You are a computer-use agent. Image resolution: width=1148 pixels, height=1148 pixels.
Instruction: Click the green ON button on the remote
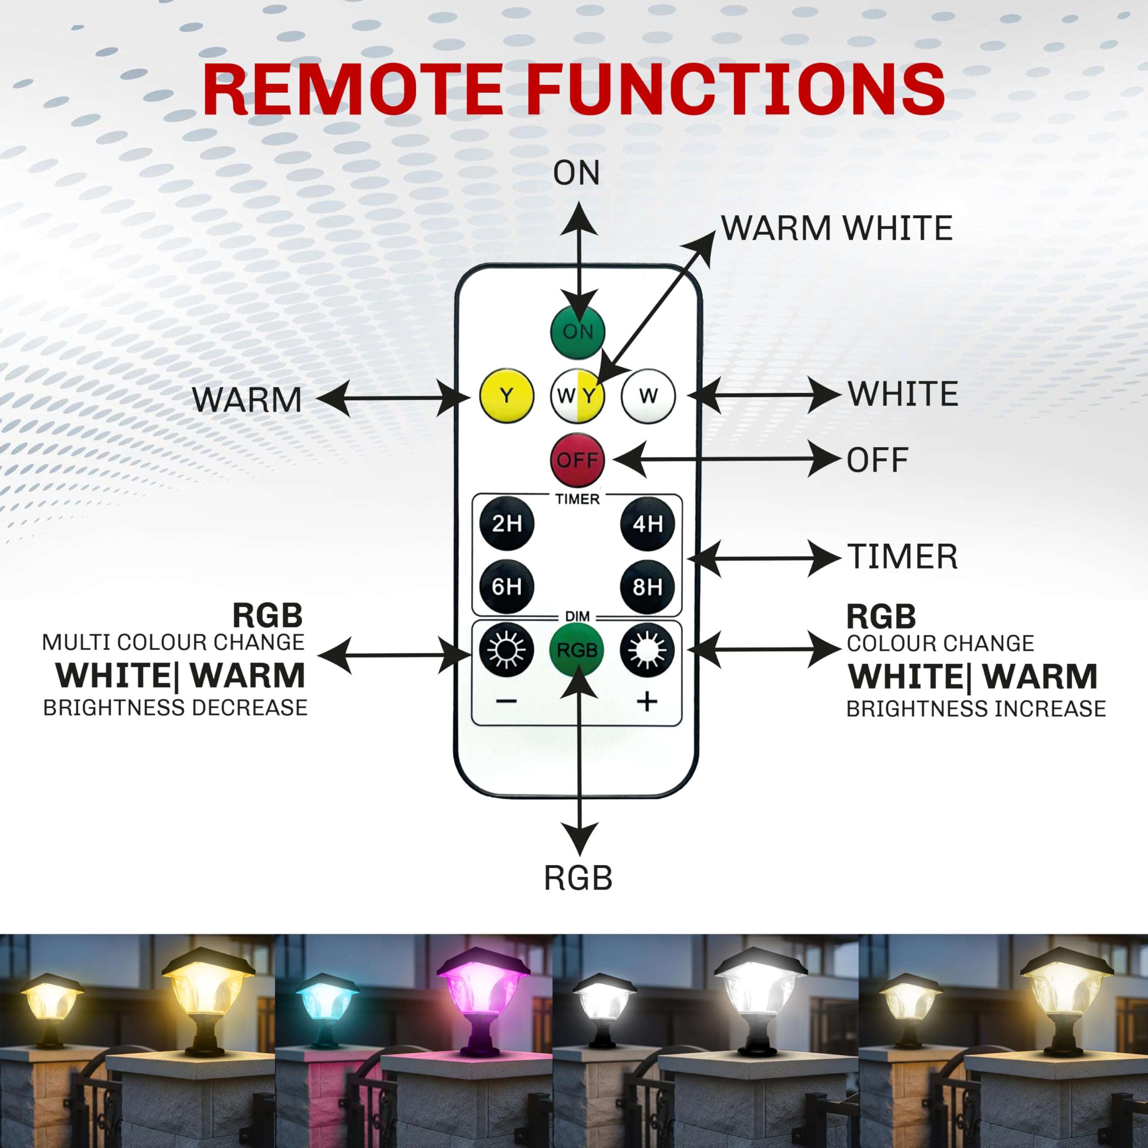click(577, 331)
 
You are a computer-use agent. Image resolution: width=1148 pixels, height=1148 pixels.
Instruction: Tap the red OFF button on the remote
click(577, 461)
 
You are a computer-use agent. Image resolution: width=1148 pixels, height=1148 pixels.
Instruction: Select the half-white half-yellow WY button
click(577, 396)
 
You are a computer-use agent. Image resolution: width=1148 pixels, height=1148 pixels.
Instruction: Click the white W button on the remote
click(648, 396)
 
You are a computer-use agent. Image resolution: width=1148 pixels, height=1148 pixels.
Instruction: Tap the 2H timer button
click(506, 523)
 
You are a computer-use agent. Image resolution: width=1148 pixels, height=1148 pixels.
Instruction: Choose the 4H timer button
click(647, 523)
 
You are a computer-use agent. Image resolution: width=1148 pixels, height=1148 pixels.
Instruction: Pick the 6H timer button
click(506, 587)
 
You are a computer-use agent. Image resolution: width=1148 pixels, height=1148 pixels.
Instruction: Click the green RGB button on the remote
click(577, 651)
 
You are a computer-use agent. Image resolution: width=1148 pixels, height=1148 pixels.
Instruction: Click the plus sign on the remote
click(647, 702)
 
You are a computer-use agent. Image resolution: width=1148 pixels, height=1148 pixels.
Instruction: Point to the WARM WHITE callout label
click(837, 228)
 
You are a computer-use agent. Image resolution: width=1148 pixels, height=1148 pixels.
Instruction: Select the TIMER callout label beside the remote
click(902, 557)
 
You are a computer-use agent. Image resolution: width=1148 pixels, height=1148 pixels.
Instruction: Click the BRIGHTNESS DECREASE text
click(175, 708)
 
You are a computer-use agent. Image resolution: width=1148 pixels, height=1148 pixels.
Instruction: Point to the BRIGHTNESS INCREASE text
click(976, 709)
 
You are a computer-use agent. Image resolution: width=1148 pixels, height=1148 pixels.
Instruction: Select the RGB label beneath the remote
click(578, 878)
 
